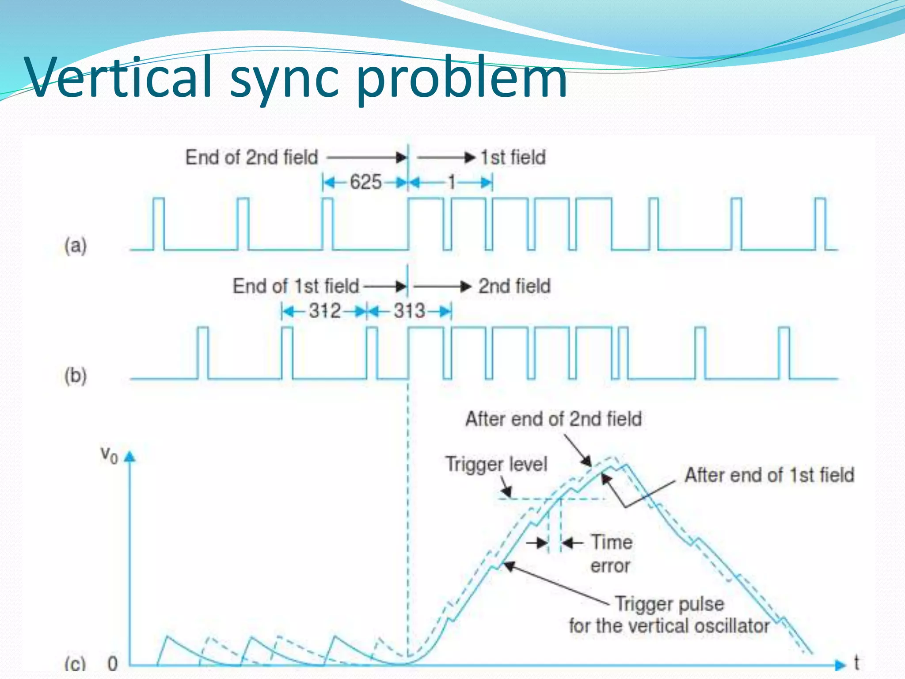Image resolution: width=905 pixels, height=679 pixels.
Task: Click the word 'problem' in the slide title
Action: coord(461,80)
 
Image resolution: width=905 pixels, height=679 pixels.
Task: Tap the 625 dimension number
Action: coord(365,182)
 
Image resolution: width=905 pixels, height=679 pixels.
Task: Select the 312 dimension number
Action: coord(325,311)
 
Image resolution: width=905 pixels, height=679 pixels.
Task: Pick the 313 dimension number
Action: coord(409,311)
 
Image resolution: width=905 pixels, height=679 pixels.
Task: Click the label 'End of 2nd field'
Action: coord(251,157)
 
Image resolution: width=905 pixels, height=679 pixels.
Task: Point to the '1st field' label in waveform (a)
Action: coord(513,157)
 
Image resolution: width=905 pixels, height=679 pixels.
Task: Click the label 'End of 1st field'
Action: coord(296,286)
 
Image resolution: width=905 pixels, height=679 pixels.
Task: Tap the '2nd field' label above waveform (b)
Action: coord(514,286)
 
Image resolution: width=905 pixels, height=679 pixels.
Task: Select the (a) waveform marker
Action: coord(76,245)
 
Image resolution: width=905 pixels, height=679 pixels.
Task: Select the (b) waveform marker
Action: coord(76,376)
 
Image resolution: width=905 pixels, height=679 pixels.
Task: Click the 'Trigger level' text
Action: coord(496,464)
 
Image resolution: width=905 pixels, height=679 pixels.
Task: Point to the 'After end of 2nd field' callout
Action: coord(553,419)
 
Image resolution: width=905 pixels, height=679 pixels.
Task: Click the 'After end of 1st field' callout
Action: coord(769,475)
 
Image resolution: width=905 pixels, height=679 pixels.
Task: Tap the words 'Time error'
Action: coord(611,553)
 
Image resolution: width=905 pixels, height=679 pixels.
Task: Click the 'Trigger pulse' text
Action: coord(669,604)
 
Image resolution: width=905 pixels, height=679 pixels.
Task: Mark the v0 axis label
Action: coord(109,454)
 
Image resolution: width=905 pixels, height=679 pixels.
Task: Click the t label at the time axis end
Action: coord(856,663)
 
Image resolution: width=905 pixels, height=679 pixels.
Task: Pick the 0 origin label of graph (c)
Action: coord(113,664)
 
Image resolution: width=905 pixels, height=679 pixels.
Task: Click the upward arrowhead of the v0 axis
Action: coord(129,457)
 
